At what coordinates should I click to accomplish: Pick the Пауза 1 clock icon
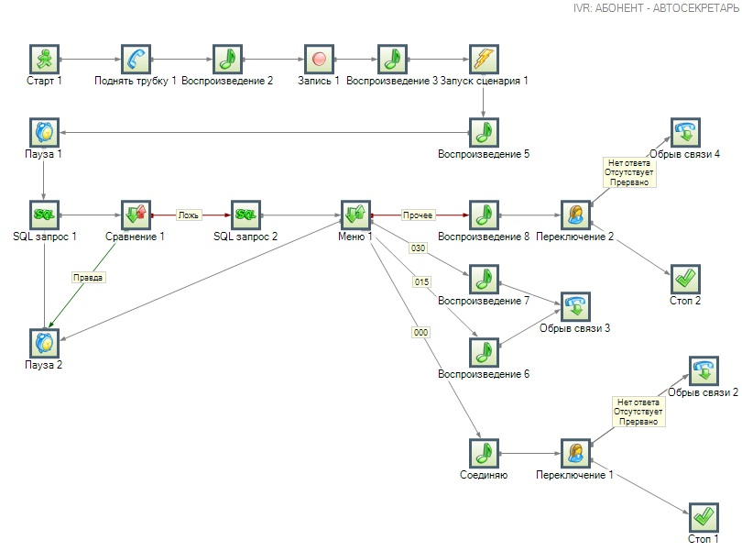click(44, 131)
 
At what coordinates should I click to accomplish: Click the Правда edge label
click(89, 276)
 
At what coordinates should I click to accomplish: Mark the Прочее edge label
click(418, 215)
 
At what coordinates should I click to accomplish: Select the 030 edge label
click(419, 248)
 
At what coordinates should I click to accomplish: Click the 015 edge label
click(421, 281)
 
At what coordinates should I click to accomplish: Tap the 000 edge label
click(421, 333)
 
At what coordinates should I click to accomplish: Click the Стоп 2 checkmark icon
click(685, 278)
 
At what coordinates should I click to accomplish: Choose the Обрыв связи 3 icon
click(575, 305)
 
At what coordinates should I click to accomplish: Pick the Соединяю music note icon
click(484, 452)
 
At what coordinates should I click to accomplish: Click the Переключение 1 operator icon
click(575, 452)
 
